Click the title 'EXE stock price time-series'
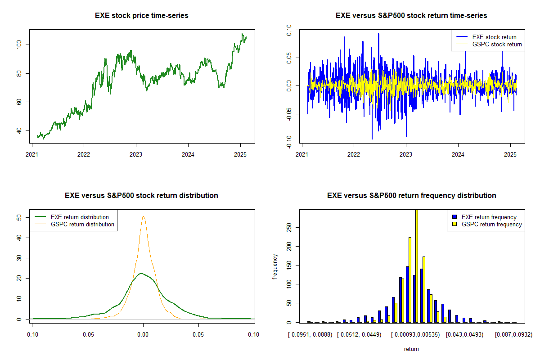coord(142,16)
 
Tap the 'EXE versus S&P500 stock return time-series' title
coord(411,16)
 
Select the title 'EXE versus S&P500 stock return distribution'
coord(142,196)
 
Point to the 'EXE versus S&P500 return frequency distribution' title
coord(411,196)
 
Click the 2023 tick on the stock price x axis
coord(136,153)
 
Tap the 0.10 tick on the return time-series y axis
coord(289,30)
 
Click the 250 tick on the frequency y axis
coord(289,228)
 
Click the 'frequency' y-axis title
coord(275,266)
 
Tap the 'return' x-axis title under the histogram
coord(411,349)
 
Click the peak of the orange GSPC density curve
coord(143,216)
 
